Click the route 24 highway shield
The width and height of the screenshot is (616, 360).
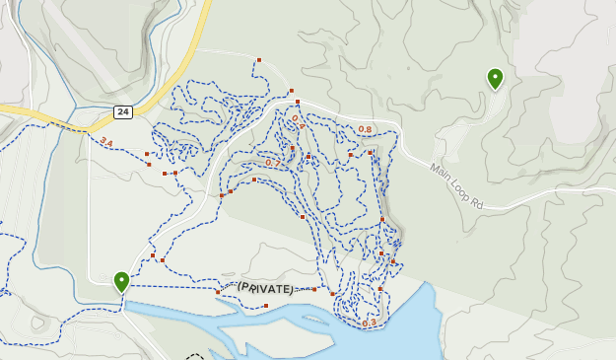[122, 111]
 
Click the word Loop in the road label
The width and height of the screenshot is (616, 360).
[458, 188]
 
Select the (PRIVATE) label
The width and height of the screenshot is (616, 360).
[265, 288]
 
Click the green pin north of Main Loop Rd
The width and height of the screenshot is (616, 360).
[495, 79]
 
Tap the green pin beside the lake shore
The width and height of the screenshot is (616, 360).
[121, 282]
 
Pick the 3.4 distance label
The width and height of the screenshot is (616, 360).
[106, 143]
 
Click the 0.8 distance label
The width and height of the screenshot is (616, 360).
[365, 130]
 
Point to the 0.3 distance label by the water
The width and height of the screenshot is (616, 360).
[370, 323]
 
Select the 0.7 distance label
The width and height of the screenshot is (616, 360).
[273, 163]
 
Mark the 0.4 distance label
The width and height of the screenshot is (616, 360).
[296, 122]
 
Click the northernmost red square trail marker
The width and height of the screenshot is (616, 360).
[258, 60]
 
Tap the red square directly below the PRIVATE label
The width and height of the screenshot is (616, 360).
[266, 306]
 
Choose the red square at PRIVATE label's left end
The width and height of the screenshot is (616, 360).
[218, 292]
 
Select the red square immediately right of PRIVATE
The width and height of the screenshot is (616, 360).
[314, 289]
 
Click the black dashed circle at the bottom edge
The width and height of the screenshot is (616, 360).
[195, 356]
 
